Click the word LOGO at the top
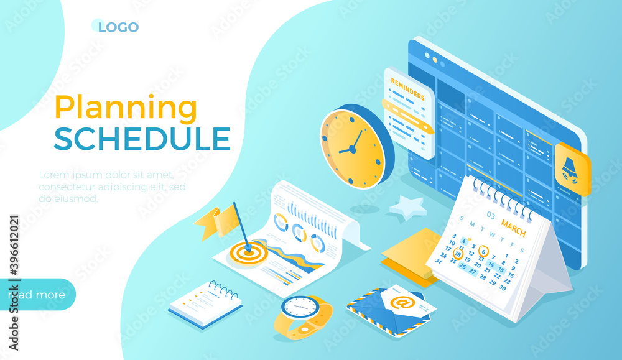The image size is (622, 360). pyautogui.click(x=118, y=27)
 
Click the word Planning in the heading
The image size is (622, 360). pyautogui.click(x=126, y=108)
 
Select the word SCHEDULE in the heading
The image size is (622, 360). pyautogui.click(x=142, y=138)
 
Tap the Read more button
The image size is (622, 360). pyautogui.click(x=37, y=295)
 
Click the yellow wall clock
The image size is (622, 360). pyautogui.click(x=353, y=148)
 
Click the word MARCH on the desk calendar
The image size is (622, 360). pyautogui.click(x=513, y=228)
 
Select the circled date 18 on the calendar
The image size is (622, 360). pyautogui.click(x=458, y=253)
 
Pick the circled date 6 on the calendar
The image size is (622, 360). pyautogui.click(x=483, y=251)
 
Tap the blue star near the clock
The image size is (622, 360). pyautogui.click(x=408, y=207)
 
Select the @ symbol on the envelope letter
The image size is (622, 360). pyautogui.click(x=399, y=302)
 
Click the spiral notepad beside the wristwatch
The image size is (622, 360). pyautogui.click(x=206, y=303)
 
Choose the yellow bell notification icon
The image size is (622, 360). pyautogui.click(x=570, y=169)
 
